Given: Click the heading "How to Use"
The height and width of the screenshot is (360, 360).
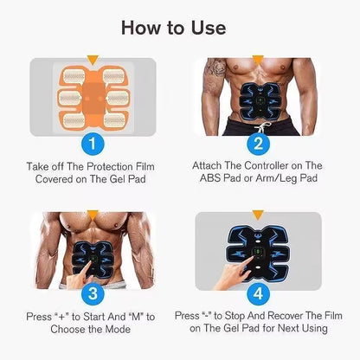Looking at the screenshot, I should [x=179, y=27].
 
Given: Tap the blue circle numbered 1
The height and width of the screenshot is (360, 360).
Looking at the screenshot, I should [x=93, y=142].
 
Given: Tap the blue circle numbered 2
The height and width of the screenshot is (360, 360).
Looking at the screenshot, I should [x=257, y=142].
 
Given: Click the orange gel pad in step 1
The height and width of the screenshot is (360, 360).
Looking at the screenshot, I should [x=93, y=93].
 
